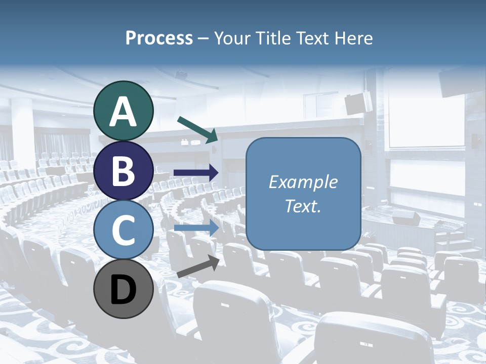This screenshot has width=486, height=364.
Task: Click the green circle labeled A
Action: coord(124,111)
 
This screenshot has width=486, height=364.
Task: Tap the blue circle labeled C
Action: coord(124,230)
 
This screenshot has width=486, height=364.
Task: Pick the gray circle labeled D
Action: coord(124,289)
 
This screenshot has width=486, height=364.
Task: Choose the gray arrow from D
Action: coord(198,266)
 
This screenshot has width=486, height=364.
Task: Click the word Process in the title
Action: coord(159,38)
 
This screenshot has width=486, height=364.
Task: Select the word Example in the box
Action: coord(303,182)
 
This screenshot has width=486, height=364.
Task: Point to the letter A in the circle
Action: coord(124,112)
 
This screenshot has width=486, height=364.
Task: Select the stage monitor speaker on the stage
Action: coord(406,218)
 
